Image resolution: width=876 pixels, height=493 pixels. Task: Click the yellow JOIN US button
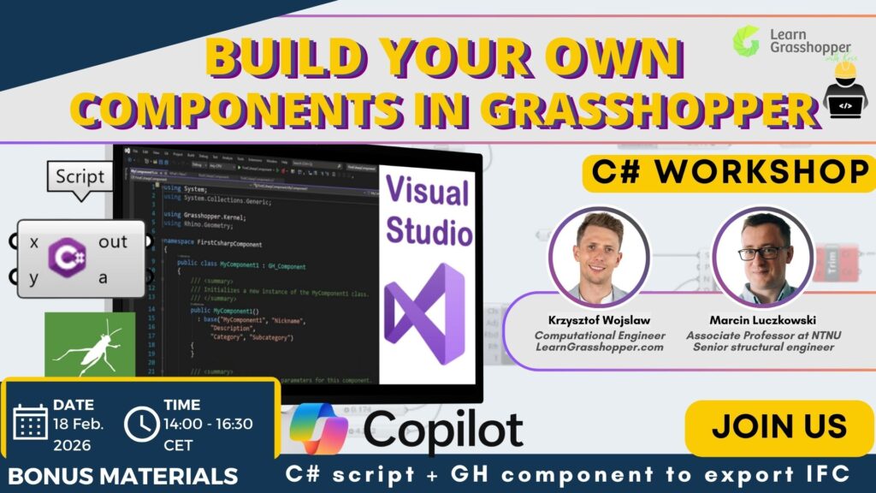(x=779, y=426)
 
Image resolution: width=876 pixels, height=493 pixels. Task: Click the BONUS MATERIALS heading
(x=124, y=476)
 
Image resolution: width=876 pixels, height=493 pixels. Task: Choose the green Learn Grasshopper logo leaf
(x=746, y=40)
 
